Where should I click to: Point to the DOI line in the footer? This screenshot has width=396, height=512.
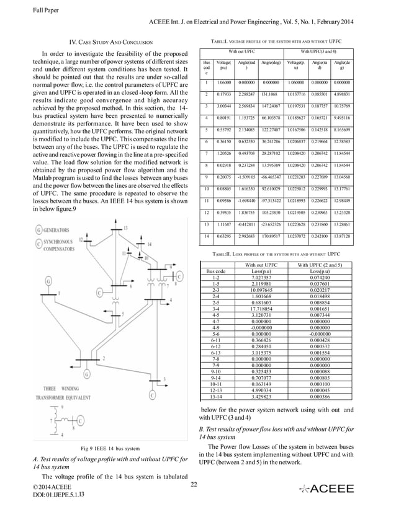pyautogui.click(x=60, y=495)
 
